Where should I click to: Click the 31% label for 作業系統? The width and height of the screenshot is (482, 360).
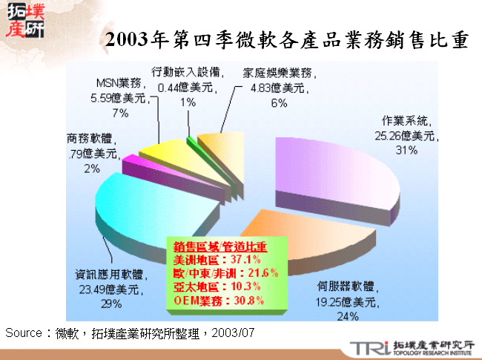tap(405, 149)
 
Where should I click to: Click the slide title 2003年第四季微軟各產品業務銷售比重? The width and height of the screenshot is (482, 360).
tap(286, 40)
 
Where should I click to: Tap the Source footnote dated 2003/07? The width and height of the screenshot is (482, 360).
tap(130, 333)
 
